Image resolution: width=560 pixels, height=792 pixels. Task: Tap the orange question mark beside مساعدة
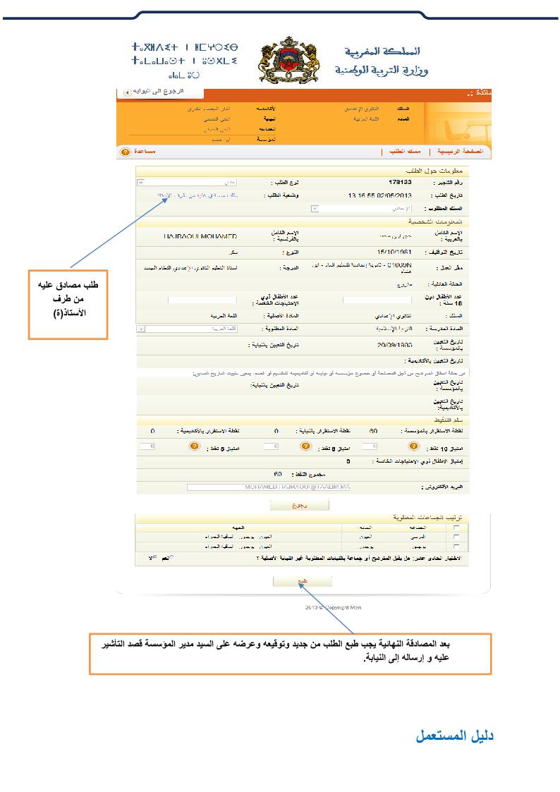coord(126,152)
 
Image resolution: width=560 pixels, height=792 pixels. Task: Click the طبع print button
coord(302,582)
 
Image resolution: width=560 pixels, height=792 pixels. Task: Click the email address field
coord(268,487)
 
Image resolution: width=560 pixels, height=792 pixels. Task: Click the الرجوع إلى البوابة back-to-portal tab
coord(160,92)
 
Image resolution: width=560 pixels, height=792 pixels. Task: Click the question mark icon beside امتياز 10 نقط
coord(413,446)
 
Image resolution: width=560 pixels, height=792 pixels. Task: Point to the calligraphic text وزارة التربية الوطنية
coord(382,70)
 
